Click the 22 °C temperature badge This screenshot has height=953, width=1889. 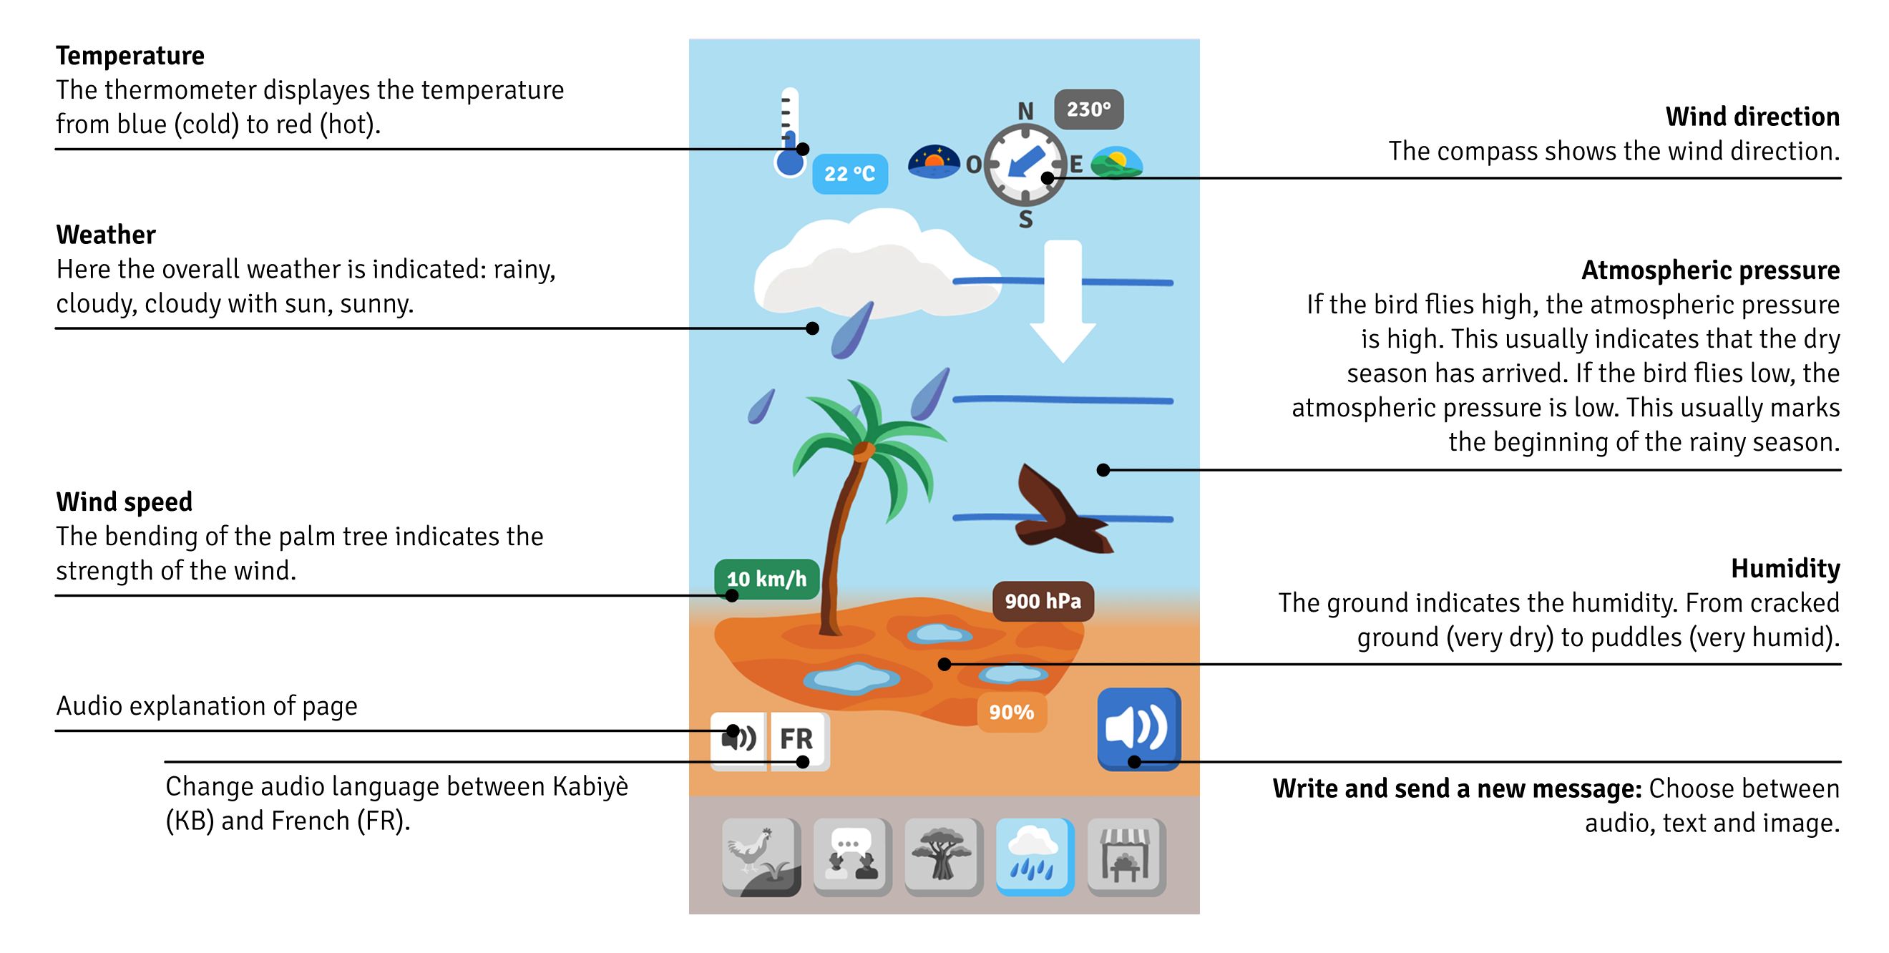pyautogui.click(x=850, y=174)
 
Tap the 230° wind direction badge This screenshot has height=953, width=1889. pyautogui.click(x=1088, y=109)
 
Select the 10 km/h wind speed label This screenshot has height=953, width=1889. pyautogui.click(x=766, y=579)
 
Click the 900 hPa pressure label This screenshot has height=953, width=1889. pyautogui.click(x=1043, y=601)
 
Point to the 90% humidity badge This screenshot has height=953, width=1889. pyautogui.click(x=1011, y=712)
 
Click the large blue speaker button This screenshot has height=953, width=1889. pyautogui.click(x=1139, y=728)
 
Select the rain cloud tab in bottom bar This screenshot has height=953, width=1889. pyautogui.click(x=1035, y=856)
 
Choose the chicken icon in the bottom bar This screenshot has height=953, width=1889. pyautogui.click(x=761, y=856)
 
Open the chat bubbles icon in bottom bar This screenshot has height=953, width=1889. pyautogui.click(x=852, y=856)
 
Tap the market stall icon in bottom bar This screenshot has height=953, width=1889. pyautogui.click(x=1126, y=856)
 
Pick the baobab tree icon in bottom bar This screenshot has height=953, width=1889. pyautogui.click(x=943, y=856)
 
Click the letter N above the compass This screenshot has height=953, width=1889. pyautogui.click(x=1026, y=111)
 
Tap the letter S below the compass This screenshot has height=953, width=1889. pyautogui.click(x=1026, y=219)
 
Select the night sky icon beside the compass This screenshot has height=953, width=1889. pyautogui.click(x=934, y=162)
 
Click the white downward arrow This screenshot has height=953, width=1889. pyautogui.click(x=1063, y=300)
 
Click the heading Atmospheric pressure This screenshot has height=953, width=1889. pyautogui.click(x=1710, y=270)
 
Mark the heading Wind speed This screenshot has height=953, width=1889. pyautogui.click(x=124, y=502)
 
